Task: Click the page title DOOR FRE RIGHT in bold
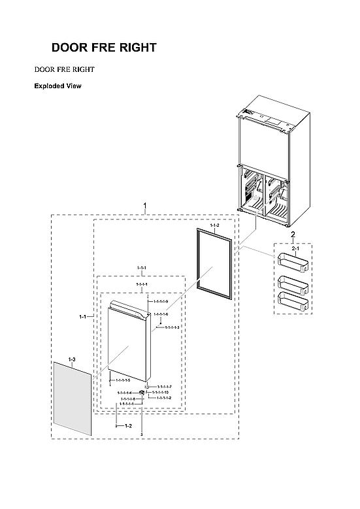click(x=104, y=48)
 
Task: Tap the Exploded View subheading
click(x=57, y=86)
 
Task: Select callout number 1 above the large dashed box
click(x=144, y=206)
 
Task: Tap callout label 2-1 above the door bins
click(x=295, y=249)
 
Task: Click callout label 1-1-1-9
click(x=161, y=301)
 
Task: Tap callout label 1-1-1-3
click(x=172, y=327)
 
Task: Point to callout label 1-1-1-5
click(x=123, y=380)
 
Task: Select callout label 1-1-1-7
click(x=164, y=387)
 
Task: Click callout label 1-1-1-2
click(x=164, y=397)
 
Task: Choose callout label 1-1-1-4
click(x=124, y=393)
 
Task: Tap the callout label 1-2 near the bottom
click(x=127, y=425)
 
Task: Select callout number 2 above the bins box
click(x=292, y=235)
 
